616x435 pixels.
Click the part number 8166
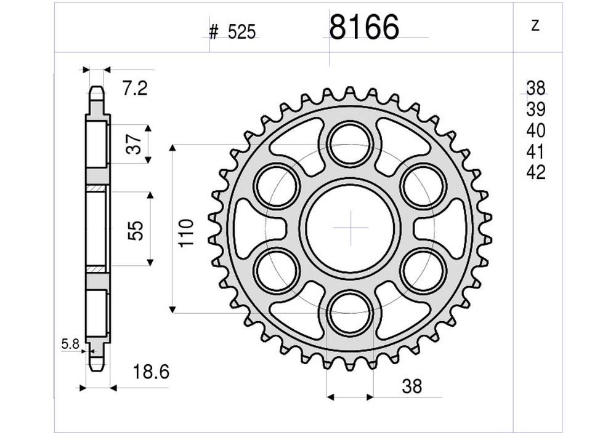[364, 28]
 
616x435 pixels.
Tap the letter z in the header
[535, 26]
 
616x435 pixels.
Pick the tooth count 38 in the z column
[535, 87]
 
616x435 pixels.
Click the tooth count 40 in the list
[535, 130]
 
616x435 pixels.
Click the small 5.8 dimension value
[70, 345]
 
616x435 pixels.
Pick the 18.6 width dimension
[151, 372]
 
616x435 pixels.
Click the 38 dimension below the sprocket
[411, 386]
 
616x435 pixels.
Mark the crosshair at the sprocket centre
[351, 228]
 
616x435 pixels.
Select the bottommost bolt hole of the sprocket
[351, 312]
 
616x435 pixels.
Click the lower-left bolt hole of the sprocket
[277, 269]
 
